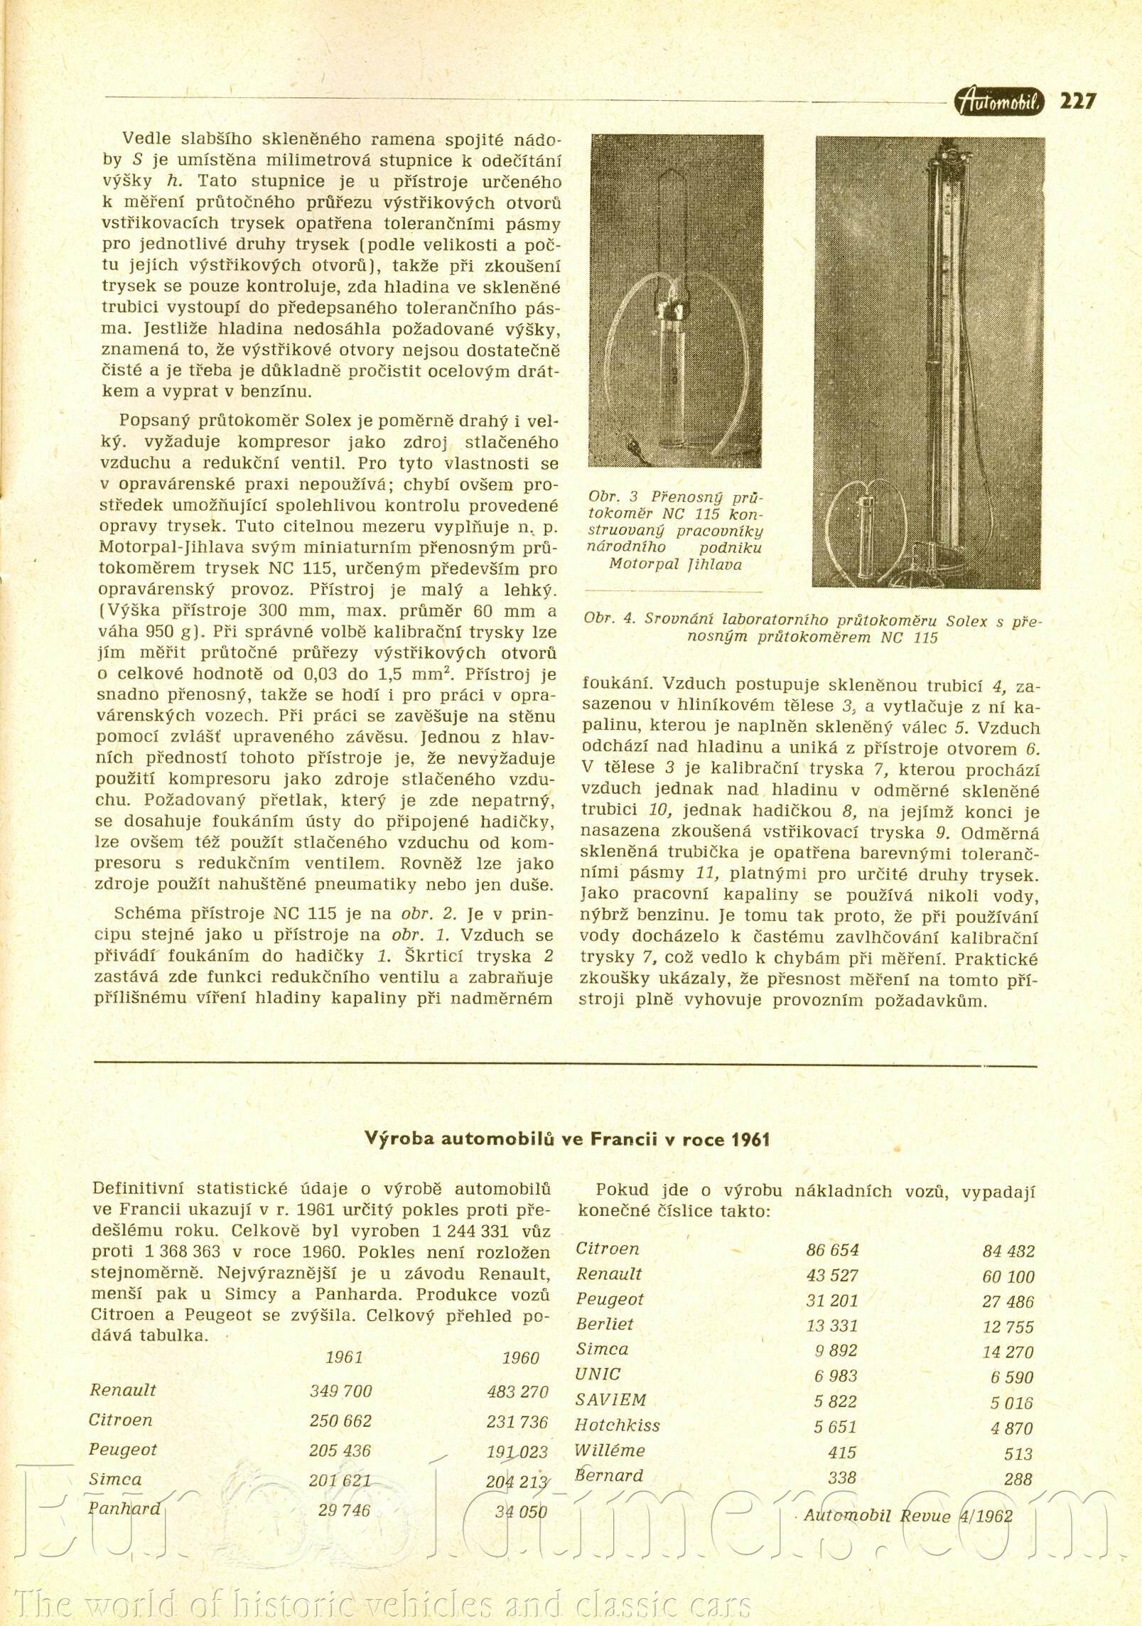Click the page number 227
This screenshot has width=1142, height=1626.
click(1077, 101)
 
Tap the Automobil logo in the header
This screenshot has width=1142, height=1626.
click(1000, 102)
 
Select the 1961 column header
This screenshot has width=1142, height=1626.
click(344, 1357)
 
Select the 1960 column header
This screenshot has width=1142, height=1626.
click(520, 1358)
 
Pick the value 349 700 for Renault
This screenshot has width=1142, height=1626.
click(340, 1391)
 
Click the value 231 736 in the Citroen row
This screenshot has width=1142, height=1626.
click(517, 1421)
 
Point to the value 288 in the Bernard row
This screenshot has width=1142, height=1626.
click(1018, 1479)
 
